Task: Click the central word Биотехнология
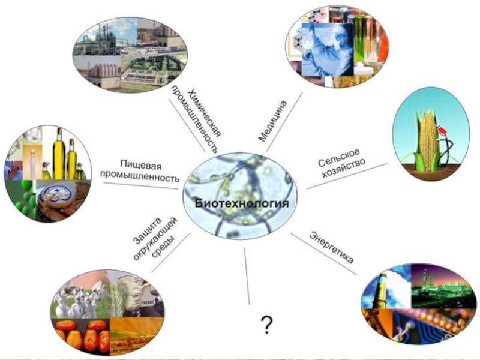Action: pos(242,204)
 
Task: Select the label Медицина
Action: pos(273,121)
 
